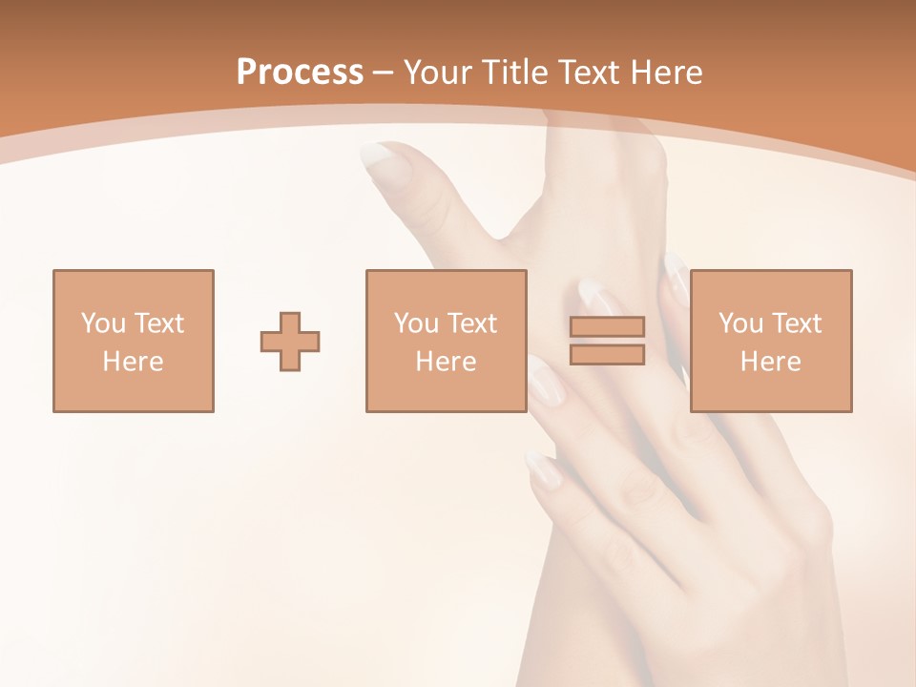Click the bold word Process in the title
tap(300, 73)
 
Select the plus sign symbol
tap(290, 342)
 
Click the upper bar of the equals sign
tap(607, 326)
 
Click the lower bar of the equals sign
tap(607, 355)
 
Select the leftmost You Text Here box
tap(134, 341)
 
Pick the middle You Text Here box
tap(446, 341)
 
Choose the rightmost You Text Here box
tap(770, 341)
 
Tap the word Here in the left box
tap(134, 362)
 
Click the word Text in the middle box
tap(471, 323)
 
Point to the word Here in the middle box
tap(446, 362)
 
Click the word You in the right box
tap(740, 323)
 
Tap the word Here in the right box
tap(770, 362)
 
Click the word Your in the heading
tap(442, 73)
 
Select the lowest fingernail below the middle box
tap(542, 468)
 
